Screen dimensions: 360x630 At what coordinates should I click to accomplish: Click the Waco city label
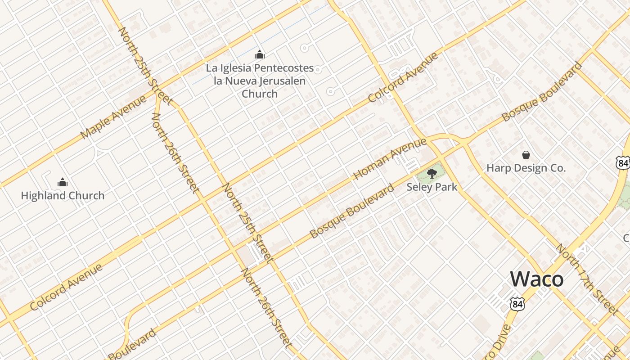coord(537,279)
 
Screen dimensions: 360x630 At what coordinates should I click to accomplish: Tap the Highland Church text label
coord(63,196)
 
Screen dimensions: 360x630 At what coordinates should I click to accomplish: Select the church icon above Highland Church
coord(63,182)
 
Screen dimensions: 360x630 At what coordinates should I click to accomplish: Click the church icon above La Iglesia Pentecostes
coord(260,55)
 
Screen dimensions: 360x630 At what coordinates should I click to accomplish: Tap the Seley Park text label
coord(432,187)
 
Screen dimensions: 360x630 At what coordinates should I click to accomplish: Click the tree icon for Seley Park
coord(432,173)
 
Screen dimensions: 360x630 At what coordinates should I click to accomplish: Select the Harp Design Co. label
coord(526,168)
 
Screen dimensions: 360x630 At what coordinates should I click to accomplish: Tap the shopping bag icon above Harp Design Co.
coord(526,155)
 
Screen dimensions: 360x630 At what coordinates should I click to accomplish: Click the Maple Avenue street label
coord(114,117)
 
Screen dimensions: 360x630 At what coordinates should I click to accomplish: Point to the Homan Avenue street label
coord(390,159)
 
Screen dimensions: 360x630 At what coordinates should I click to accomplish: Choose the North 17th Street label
coord(586,279)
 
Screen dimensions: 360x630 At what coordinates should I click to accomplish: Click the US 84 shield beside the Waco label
coord(517,304)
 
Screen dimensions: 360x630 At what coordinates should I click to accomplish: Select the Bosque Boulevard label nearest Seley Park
coord(352,211)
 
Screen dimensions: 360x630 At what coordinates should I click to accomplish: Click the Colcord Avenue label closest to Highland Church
coord(67,288)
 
